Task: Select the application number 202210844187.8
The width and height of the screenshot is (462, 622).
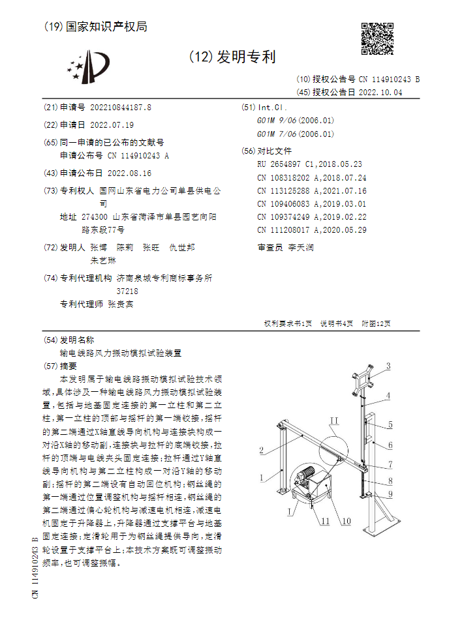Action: click(121, 108)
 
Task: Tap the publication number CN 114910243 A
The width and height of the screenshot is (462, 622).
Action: click(138, 156)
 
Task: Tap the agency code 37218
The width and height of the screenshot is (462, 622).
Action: click(127, 291)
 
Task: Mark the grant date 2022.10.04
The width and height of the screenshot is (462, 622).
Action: click(380, 93)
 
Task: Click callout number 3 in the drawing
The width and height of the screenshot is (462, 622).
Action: click(388, 366)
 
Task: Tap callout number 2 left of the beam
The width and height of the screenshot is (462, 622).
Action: click(261, 450)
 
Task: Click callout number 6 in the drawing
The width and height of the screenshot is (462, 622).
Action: click(390, 445)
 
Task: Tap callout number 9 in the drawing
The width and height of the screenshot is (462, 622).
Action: click(390, 494)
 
